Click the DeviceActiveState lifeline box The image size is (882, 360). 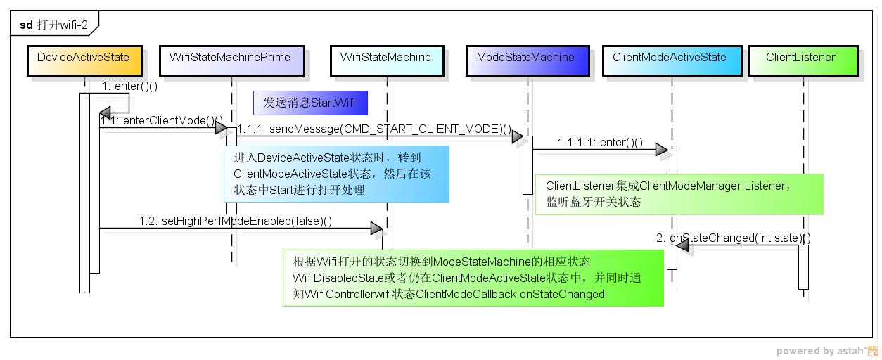click(84, 61)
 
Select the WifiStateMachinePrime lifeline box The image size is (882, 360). click(230, 61)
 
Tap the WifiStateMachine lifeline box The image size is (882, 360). click(385, 61)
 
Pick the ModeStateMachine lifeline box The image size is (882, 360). click(525, 61)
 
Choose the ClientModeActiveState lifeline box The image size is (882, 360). click(670, 61)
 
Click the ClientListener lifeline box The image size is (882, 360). click(800, 61)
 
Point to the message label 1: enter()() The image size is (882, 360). click(129, 86)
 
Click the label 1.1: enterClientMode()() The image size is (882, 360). click(162, 121)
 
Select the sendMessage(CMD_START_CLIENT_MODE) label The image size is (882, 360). click(374, 129)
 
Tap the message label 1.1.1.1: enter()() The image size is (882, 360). click(600, 143)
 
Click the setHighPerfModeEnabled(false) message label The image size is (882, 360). click(236, 221)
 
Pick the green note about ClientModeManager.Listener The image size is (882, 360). click(679, 194)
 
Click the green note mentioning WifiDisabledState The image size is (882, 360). click(473, 278)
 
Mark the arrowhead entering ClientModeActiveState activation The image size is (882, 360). click(661, 150)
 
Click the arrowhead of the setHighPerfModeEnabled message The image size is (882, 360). click(376, 229)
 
